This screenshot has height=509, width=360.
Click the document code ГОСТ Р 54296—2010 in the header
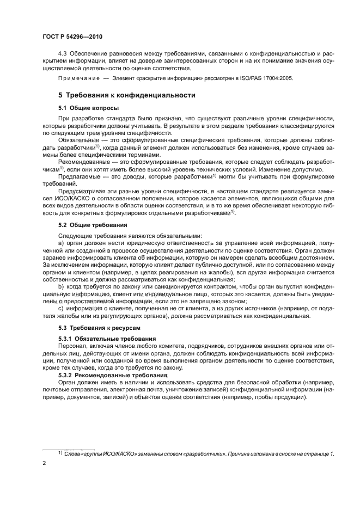(x=72, y=36)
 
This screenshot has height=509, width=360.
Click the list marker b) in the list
(x=61, y=285)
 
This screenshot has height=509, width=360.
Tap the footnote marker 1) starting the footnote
(x=60, y=453)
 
